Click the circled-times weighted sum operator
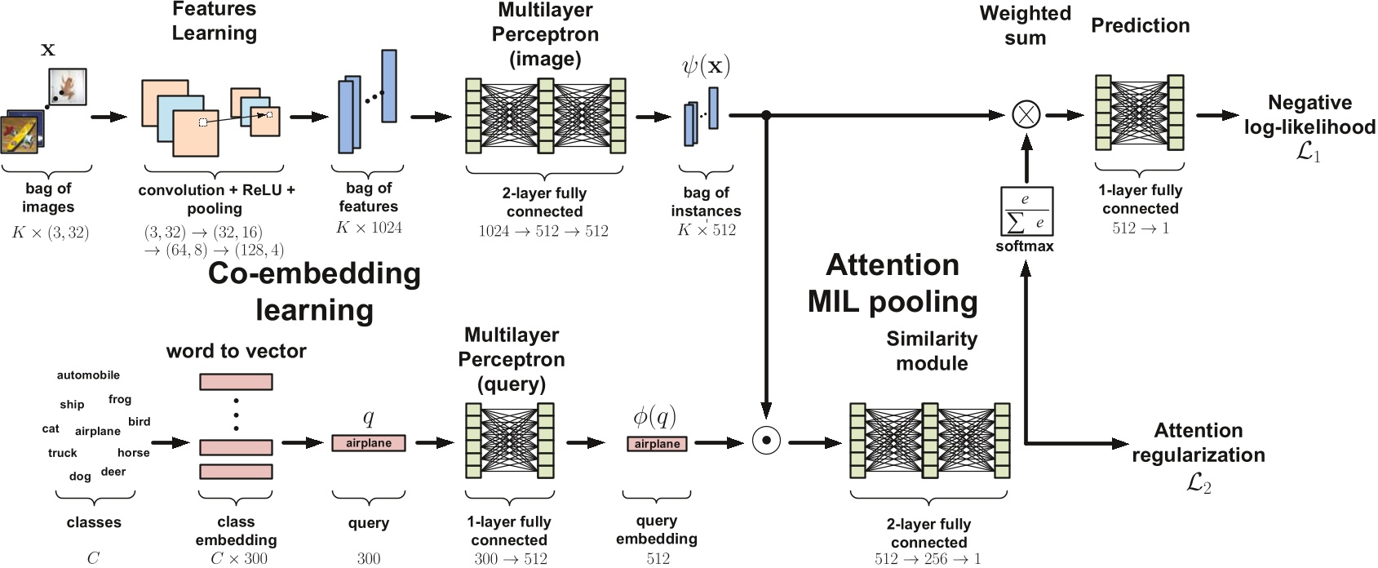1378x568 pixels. click(1026, 115)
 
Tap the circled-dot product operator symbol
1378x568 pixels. click(766, 442)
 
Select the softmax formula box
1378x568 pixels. click(1026, 211)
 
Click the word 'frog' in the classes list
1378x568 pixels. click(120, 399)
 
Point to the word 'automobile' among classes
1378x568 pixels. click(88, 375)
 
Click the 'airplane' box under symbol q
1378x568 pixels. click(369, 443)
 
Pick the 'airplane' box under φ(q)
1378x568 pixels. click(657, 444)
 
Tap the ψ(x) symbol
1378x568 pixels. click(706, 66)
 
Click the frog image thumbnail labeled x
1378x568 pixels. click(68, 87)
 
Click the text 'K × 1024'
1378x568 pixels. click(369, 228)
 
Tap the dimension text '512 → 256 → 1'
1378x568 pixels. click(928, 559)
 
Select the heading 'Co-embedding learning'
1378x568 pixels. click(314, 291)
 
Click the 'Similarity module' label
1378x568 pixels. click(932, 351)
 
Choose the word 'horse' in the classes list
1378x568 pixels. click(134, 453)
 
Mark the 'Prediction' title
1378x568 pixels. click(1140, 26)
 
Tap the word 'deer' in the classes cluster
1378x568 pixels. click(113, 472)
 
